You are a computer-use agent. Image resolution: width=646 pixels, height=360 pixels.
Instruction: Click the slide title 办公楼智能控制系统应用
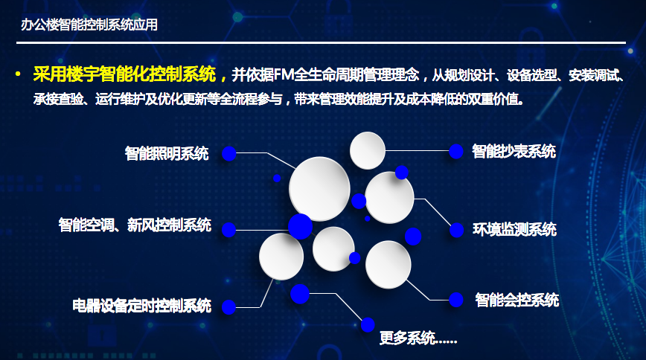[x=89, y=25]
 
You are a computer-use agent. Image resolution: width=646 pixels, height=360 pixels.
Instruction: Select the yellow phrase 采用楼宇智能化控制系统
[x=124, y=74]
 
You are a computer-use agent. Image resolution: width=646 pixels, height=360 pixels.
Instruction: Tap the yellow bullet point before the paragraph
[x=18, y=74]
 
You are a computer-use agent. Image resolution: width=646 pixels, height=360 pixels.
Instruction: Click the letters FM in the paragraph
[x=284, y=74]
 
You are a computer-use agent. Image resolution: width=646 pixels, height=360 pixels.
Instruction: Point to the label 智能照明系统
[x=167, y=154]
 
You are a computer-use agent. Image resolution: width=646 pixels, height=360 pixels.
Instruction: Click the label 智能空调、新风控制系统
[x=135, y=225]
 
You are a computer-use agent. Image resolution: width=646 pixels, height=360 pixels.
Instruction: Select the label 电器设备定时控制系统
[x=141, y=306]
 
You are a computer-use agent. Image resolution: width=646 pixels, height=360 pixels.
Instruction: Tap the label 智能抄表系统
[x=514, y=152]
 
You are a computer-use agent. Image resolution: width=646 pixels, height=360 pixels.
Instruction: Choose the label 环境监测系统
[x=514, y=229]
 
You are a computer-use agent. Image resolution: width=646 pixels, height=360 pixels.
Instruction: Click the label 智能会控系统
[x=517, y=300]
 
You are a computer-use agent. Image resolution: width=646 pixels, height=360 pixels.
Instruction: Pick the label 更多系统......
[x=418, y=338]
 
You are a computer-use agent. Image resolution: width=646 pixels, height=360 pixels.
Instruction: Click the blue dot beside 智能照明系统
[x=228, y=154]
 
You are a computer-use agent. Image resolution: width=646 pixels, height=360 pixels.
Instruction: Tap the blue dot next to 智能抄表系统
[x=455, y=151]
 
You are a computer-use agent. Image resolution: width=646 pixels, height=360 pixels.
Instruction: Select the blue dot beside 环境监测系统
[x=456, y=230]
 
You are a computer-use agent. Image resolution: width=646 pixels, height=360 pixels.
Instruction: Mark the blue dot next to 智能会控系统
[x=456, y=300]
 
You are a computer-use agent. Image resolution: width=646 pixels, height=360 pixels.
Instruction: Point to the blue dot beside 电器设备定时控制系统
[x=228, y=307]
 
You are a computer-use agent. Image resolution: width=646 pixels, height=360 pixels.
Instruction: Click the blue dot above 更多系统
[x=368, y=324]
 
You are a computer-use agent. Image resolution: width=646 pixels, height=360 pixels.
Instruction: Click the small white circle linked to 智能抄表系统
[x=368, y=150]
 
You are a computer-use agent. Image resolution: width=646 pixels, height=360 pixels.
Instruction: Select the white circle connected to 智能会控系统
[x=388, y=265]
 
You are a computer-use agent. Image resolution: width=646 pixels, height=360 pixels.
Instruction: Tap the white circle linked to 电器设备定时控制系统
[x=281, y=256]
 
